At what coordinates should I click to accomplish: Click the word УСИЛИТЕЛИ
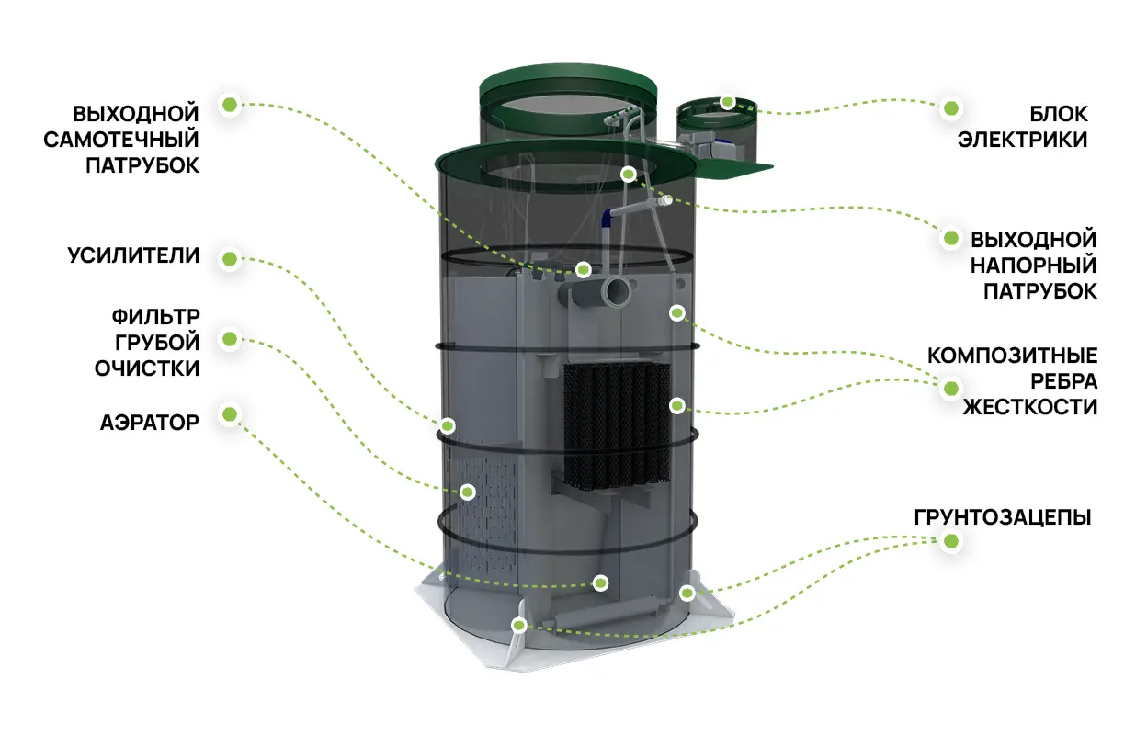(133, 255)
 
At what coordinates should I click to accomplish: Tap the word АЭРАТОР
(150, 423)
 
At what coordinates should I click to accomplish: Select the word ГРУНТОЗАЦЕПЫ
(1003, 517)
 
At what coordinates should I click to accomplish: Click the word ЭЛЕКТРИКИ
(1022, 140)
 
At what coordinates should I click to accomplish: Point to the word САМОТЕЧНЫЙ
(120, 140)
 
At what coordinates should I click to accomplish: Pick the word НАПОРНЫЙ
(1033, 266)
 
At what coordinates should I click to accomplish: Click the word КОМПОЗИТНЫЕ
(1012, 356)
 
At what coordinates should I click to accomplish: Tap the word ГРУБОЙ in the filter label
(157, 343)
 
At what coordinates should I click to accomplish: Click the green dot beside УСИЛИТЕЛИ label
(230, 259)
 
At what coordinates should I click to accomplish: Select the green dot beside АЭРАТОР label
(230, 414)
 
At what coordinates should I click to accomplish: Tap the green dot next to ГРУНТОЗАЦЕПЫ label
(951, 541)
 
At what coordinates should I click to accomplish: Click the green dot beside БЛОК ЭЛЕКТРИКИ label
(951, 108)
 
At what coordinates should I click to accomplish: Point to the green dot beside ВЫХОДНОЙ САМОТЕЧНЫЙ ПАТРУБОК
(230, 105)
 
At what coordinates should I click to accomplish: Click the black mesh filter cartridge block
(617, 424)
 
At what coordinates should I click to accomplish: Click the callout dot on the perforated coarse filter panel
(467, 492)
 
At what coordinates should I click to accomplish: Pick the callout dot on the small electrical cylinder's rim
(727, 102)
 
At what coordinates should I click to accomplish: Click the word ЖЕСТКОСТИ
(1029, 407)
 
